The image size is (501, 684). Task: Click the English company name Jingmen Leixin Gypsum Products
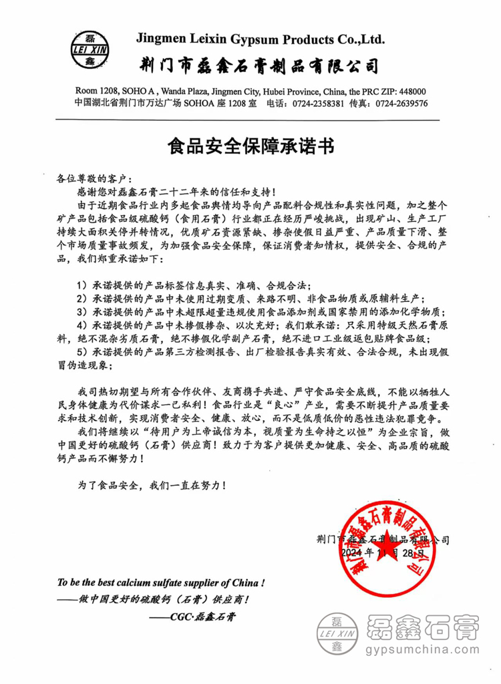[260, 39]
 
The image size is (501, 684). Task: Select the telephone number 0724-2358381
[317, 104]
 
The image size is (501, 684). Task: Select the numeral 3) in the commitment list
[82, 311]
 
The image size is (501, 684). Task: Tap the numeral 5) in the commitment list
[82, 353]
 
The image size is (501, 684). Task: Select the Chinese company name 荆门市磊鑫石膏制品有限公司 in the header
[261, 65]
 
